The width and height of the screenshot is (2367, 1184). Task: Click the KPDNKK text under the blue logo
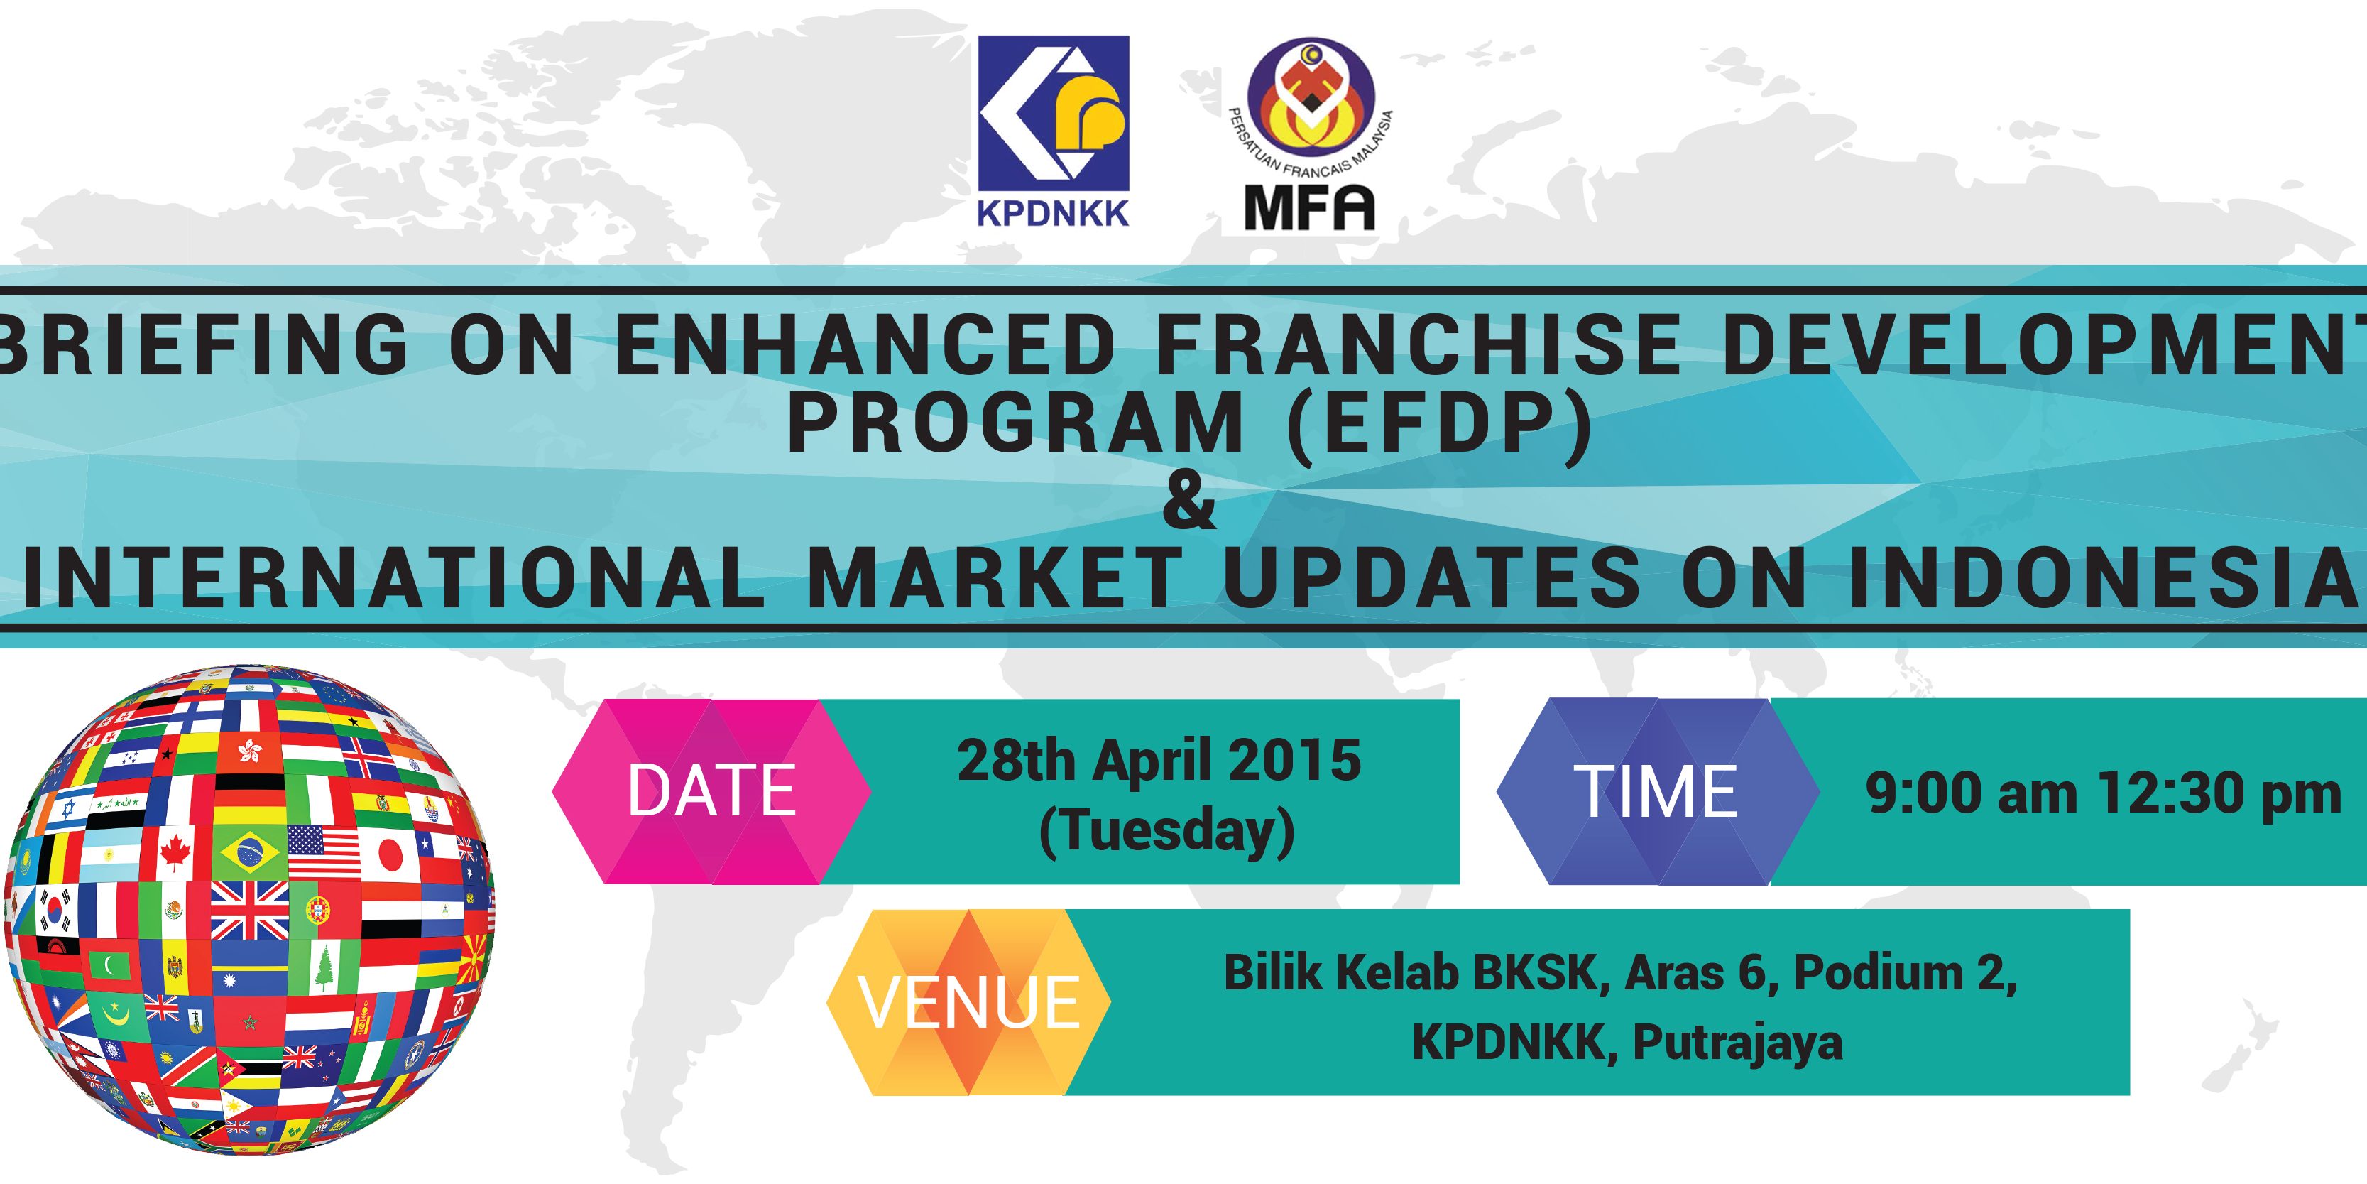[1052, 213]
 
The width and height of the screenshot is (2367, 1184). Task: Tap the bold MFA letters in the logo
[1309, 208]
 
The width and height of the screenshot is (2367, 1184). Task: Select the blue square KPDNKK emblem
[1053, 113]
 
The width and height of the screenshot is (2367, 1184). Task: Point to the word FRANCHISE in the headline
[1418, 344]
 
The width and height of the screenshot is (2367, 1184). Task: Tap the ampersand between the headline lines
[1189, 502]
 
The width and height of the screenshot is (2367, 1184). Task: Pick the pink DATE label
[711, 791]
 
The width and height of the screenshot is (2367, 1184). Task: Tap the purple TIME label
[1657, 791]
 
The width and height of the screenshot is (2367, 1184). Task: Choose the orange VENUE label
[969, 1002]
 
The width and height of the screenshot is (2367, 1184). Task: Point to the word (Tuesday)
[1167, 832]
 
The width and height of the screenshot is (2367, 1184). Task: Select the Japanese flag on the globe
[390, 854]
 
